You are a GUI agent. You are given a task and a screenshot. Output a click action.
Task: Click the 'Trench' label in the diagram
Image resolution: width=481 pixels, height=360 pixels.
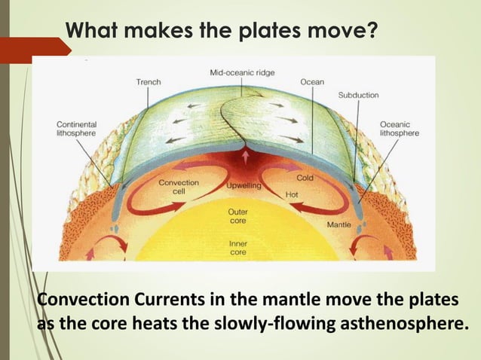click(148, 82)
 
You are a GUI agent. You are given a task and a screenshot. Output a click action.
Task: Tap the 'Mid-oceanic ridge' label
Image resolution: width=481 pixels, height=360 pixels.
click(241, 72)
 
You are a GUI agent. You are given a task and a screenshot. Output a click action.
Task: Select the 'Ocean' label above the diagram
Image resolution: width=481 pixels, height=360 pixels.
click(311, 82)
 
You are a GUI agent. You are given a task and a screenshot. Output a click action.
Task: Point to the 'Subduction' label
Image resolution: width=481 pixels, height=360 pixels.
click(358, 96)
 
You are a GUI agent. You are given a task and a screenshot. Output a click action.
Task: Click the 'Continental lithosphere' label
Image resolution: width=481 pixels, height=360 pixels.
click(75, 129)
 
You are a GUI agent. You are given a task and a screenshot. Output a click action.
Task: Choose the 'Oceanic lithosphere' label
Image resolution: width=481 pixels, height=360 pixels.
click(400, 129)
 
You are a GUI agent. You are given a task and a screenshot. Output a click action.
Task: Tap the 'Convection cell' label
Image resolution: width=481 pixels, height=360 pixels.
click(178, 187)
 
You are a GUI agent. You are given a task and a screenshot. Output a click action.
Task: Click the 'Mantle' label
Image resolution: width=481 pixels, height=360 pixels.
click(337, 224)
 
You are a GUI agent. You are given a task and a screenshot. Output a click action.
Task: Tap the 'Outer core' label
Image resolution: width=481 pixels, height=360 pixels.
click(237, 217)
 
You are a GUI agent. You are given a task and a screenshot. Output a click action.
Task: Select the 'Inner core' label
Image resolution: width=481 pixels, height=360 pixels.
click(237, 248)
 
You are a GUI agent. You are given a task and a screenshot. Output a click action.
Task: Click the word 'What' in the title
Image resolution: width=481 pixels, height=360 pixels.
click(91, 32)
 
